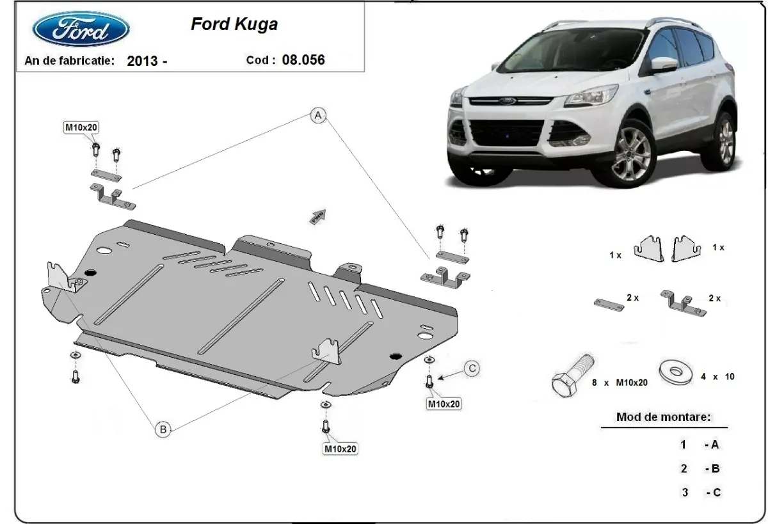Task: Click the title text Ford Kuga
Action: click(234, 24)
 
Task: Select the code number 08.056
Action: click(303, 60)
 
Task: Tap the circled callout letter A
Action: click(318, 115)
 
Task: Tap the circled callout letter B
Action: click(163, 430)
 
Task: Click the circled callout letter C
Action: click(471, 368)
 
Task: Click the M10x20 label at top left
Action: click(81, 127)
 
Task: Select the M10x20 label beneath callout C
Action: click(444, 404)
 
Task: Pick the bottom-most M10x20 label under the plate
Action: click(339, 449)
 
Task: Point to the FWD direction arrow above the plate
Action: click(318, 216)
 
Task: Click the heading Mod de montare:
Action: click(663, 417)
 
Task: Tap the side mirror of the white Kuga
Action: click(664, 64)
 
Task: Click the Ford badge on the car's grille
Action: click(508, 101)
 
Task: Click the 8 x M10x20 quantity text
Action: click(620, 383)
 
